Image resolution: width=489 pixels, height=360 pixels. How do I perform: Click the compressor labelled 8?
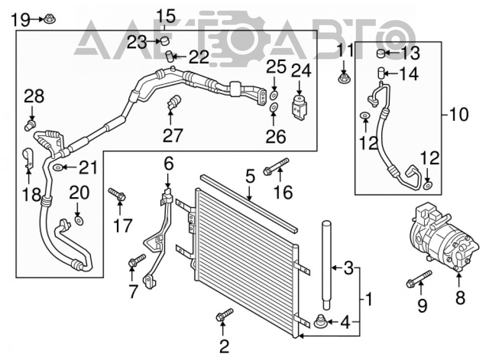[x=443, y=237]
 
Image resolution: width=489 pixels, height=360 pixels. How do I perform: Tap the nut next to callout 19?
[x=50, y=20]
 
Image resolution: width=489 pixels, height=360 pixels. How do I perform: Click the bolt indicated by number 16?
[x=276, y=167]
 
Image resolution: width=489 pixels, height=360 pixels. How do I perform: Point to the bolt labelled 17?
[x=117, y=194]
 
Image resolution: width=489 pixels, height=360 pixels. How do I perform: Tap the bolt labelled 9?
[x=420, y=279]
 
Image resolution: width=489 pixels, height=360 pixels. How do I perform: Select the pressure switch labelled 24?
[x=299, y=108]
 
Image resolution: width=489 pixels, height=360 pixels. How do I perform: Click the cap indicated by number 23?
[x=165, y=41]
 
